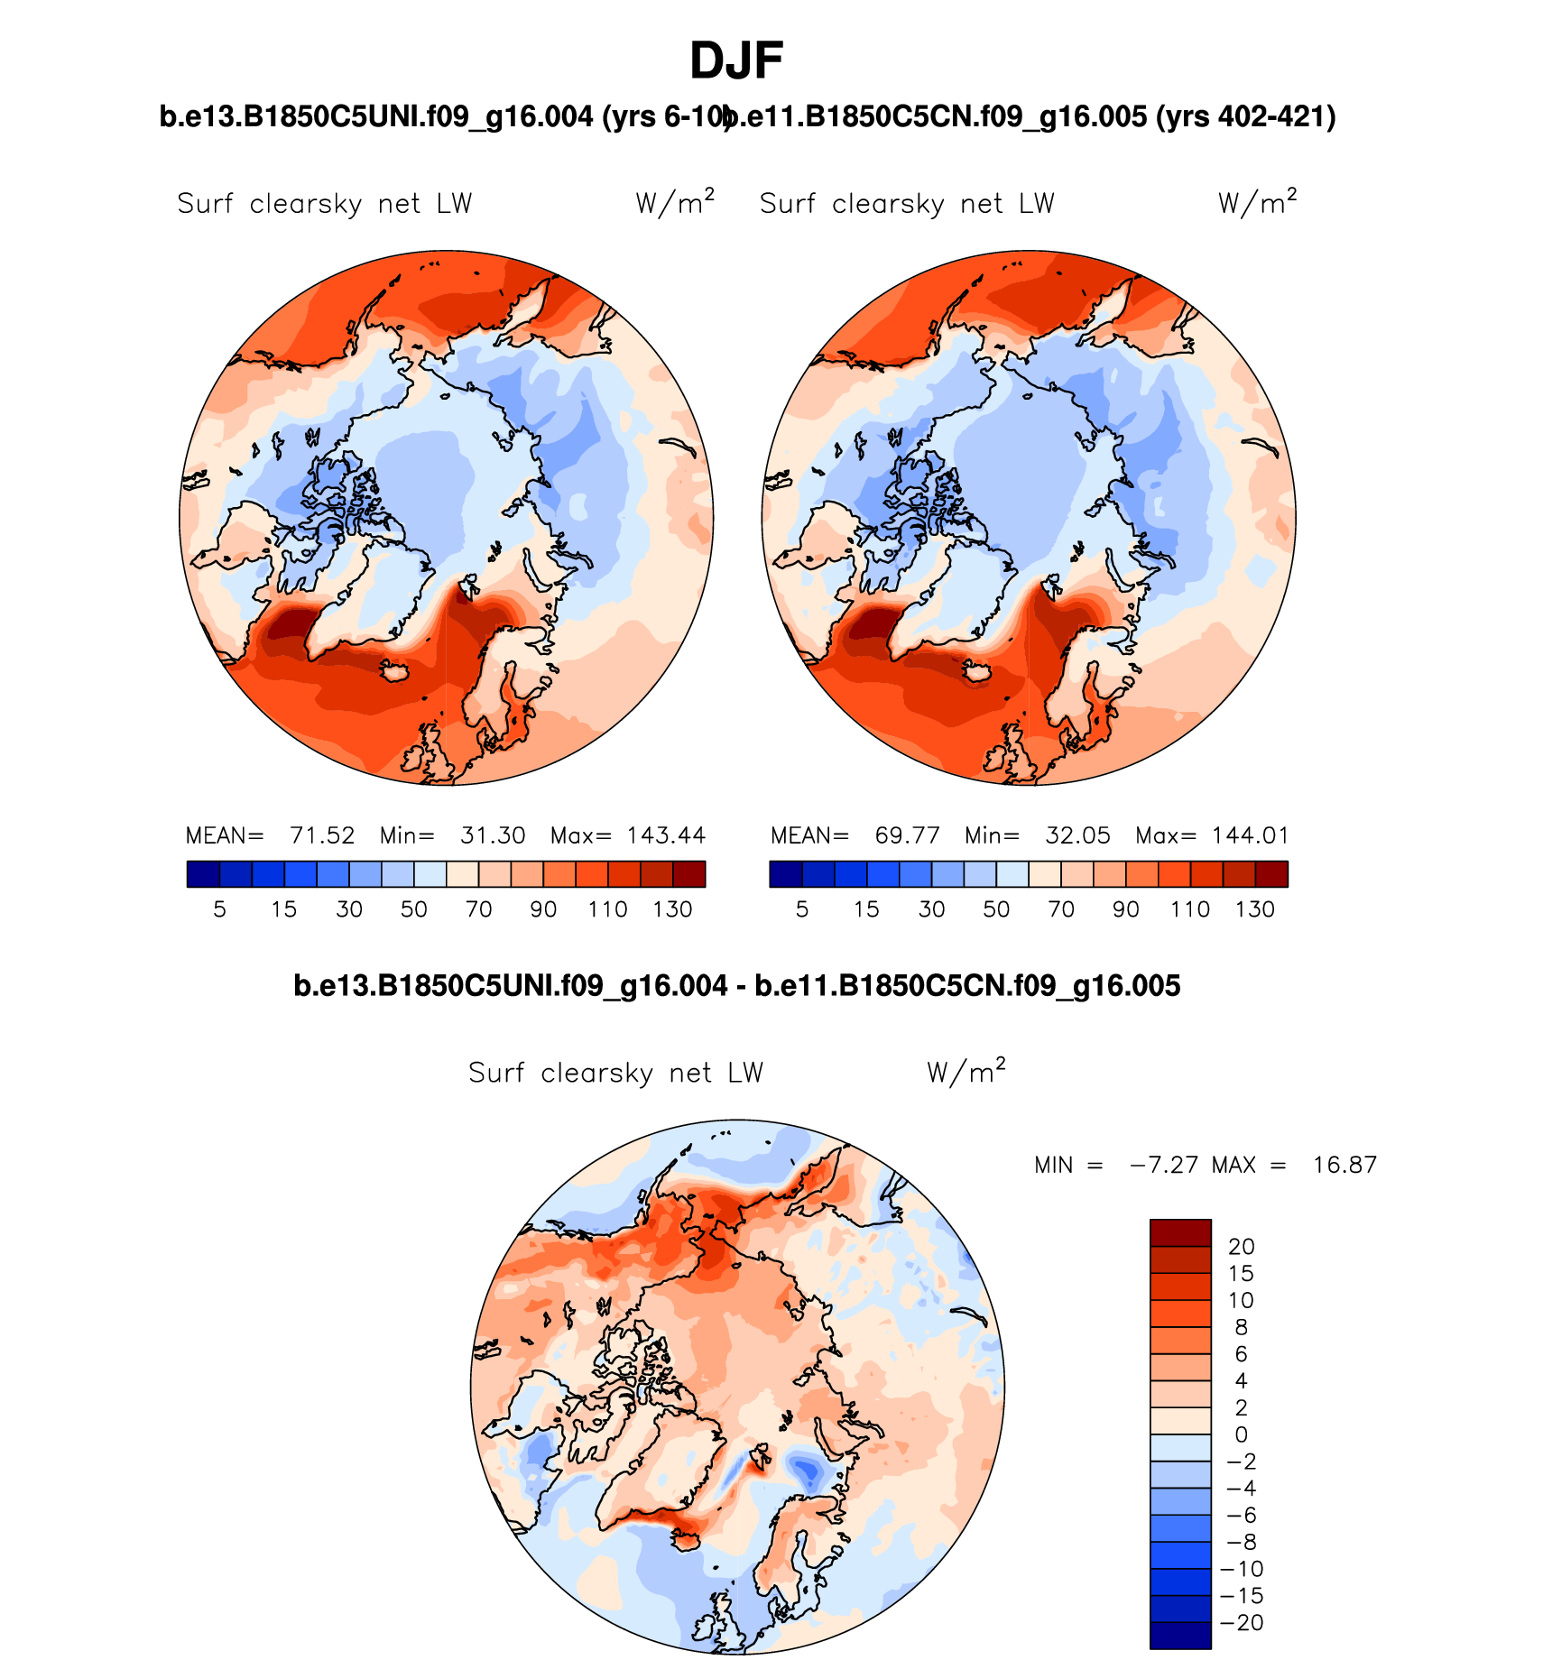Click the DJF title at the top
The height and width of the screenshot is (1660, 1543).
735,61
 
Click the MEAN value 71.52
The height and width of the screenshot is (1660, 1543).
322,835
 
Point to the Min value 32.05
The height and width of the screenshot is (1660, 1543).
1077,835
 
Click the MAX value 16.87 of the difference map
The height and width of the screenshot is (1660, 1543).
1344,1165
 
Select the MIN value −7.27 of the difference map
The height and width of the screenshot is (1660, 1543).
1164,1165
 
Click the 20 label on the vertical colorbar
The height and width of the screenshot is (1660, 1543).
1242,1247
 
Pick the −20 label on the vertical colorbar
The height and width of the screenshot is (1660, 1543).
1242,1622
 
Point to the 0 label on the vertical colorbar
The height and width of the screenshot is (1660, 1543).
1242,1434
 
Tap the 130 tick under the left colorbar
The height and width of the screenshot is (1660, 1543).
672,909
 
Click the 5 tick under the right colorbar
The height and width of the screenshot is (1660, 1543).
802,909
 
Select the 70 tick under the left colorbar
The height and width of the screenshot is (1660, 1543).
478,909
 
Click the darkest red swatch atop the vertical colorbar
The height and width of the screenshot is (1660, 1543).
1180,1232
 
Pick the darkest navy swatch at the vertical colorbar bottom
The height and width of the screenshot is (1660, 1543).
1180,1636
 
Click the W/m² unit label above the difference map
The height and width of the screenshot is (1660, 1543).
966,1072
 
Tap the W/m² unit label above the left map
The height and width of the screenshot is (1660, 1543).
674,203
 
